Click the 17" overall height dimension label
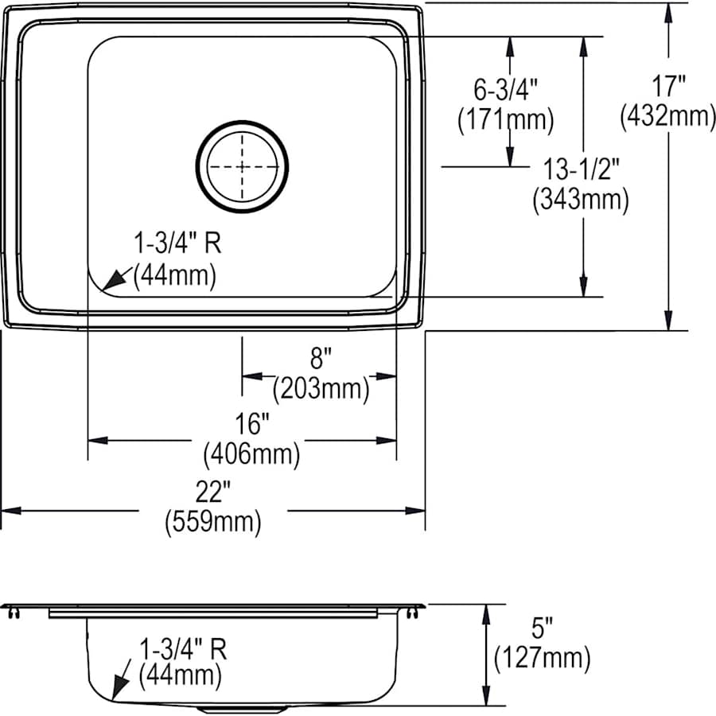tap(667, 85)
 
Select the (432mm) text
tap(667, 116)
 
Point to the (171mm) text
tap(504, 120)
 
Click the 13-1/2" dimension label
tap(581, 168)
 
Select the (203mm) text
tap(321, 389)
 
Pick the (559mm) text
tap(212, 523)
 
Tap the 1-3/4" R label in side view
tap(184, 648)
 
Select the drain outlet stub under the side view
tap(243, 708)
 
